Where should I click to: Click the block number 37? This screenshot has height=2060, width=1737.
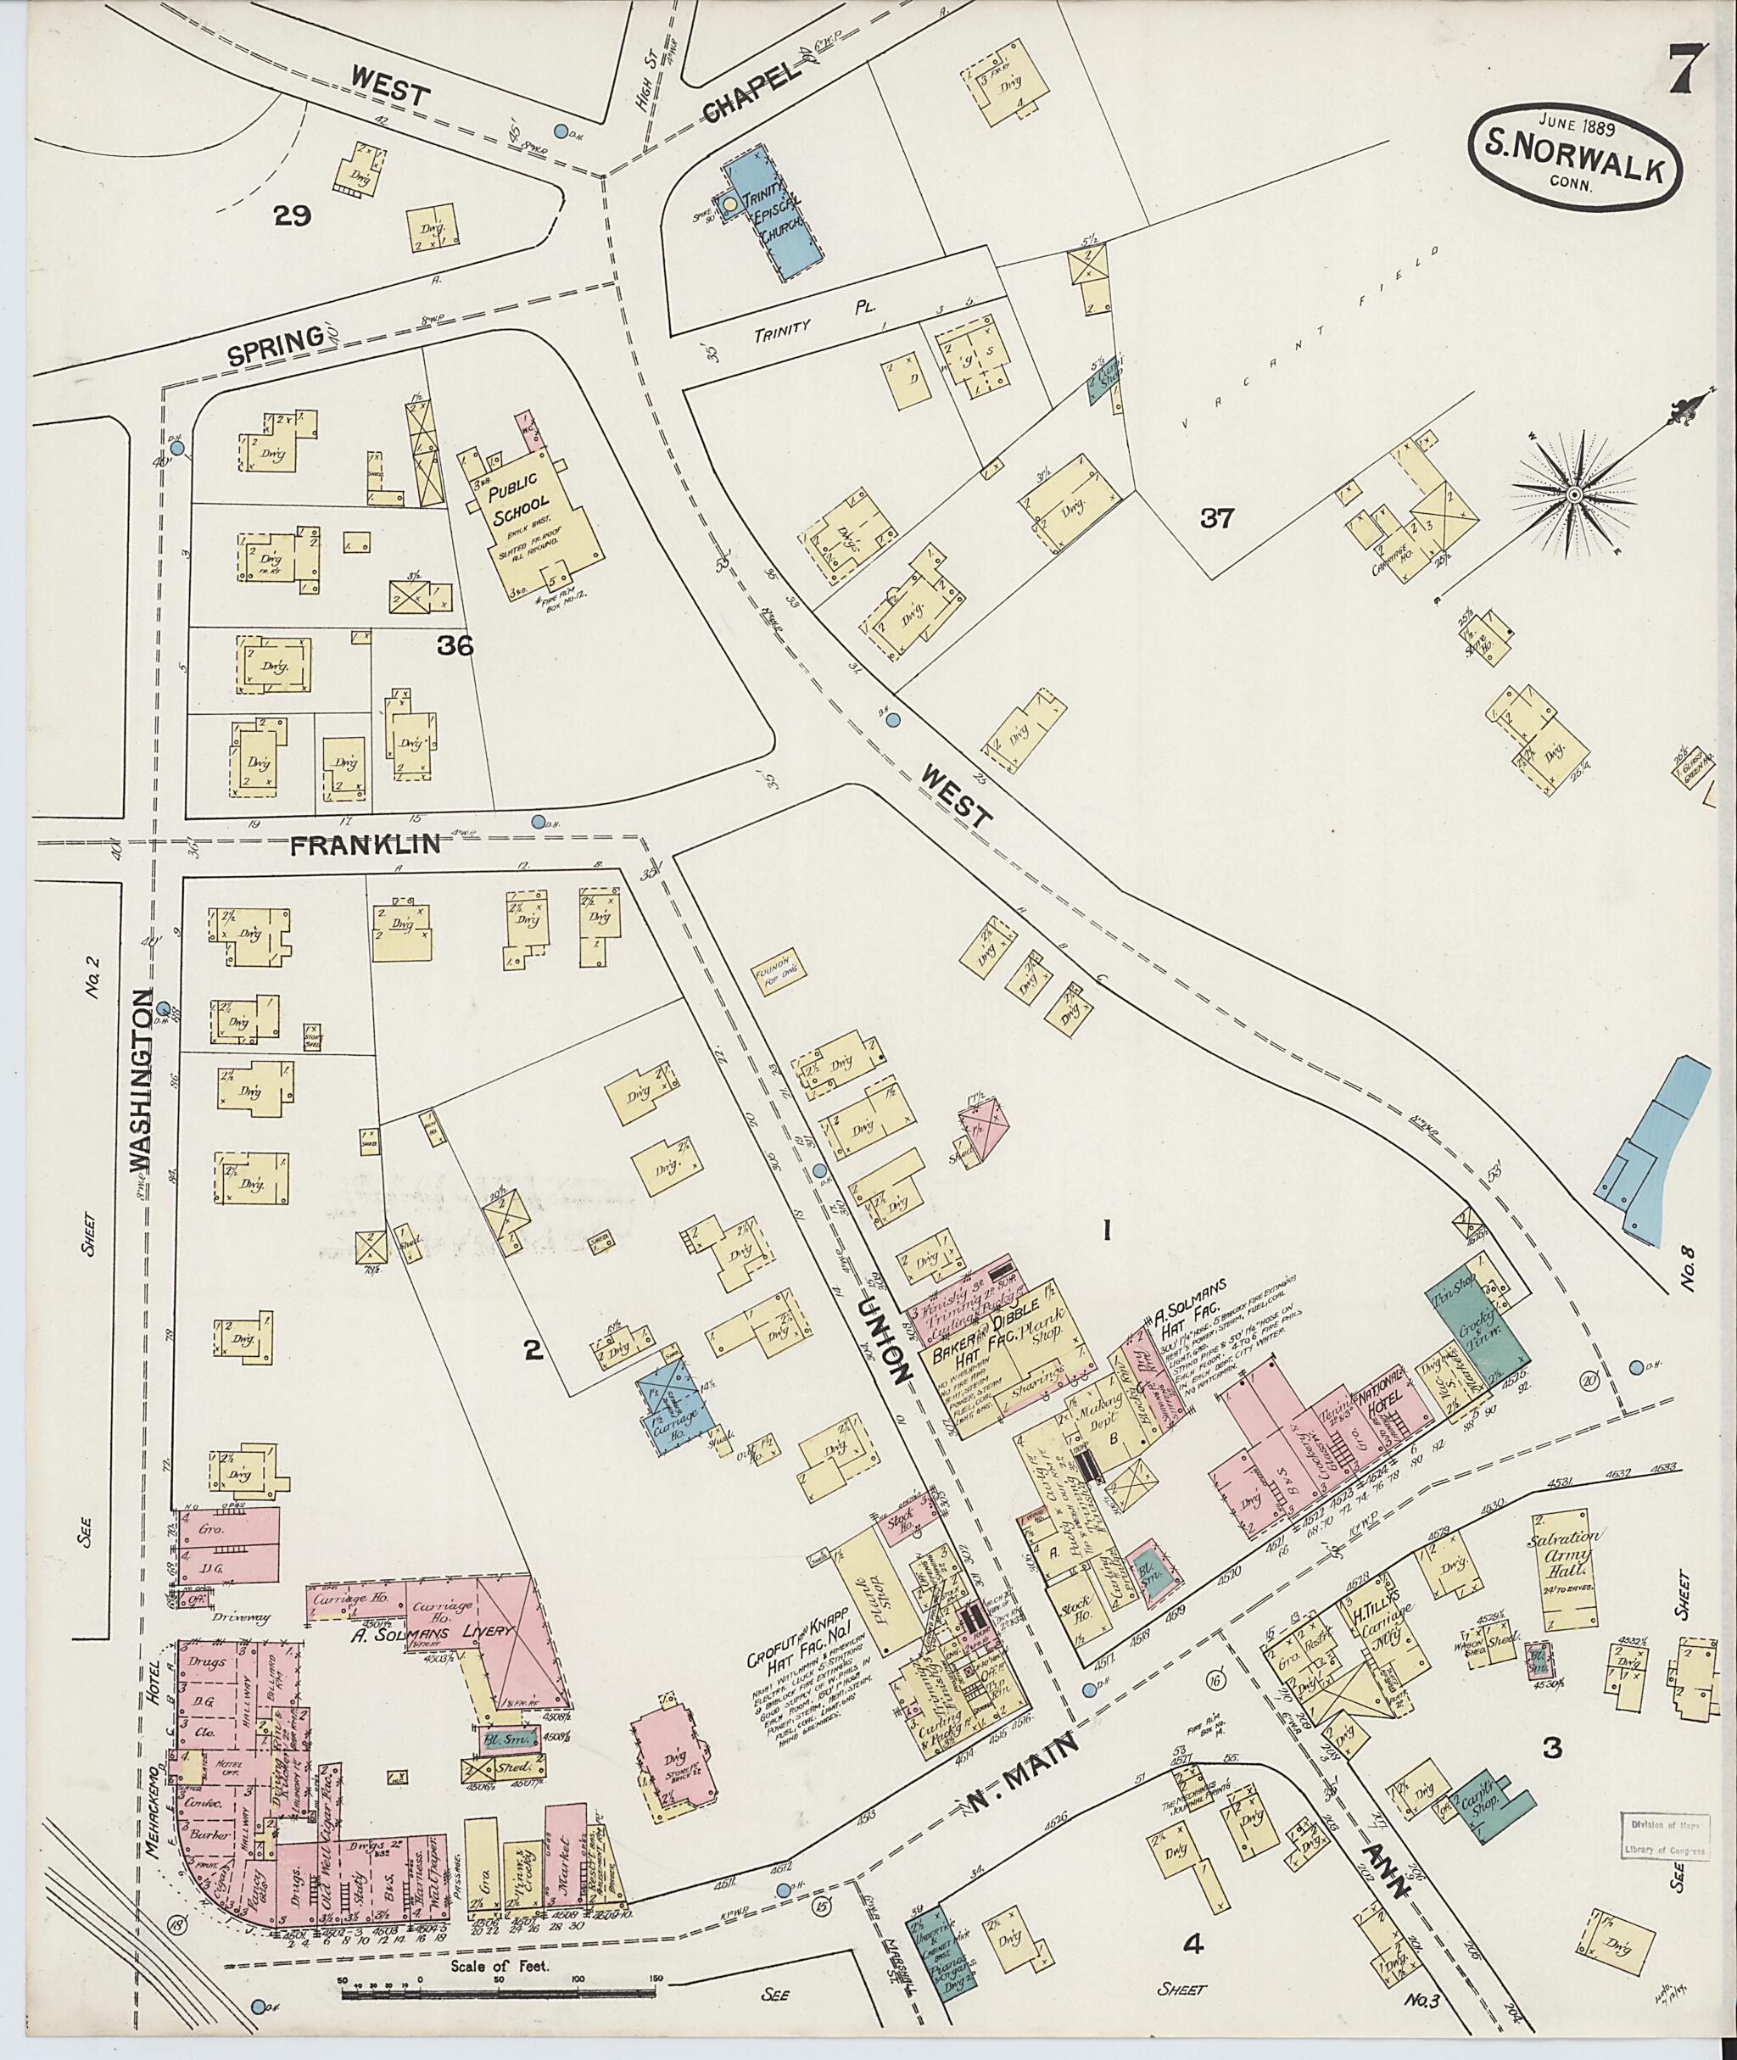click(1217, 519)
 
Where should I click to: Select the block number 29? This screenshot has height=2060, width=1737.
click(293, 216)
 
